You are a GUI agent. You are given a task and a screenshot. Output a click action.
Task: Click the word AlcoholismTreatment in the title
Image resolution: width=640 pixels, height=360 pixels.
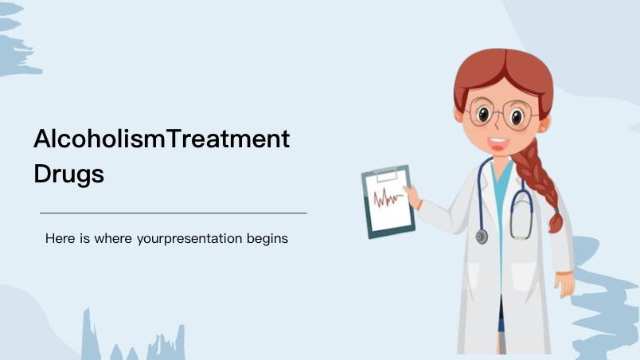point(162,139)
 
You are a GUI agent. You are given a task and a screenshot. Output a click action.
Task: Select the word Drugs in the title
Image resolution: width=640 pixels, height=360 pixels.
point(68,174)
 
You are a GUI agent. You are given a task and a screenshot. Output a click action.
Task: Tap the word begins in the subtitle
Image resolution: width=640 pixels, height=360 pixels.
point(267,239)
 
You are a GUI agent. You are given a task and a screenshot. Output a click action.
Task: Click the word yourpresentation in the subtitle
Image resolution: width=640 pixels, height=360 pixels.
point(189,239)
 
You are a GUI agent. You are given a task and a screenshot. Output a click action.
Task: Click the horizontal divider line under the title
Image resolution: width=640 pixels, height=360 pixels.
point(174,213)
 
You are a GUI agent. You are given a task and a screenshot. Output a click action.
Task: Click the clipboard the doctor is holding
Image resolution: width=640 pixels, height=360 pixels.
point(388,202)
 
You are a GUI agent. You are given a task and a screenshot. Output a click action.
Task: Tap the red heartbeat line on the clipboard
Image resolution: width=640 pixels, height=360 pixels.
point(388,198)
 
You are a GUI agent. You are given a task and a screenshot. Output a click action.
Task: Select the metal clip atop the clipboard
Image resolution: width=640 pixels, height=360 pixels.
point(386,174)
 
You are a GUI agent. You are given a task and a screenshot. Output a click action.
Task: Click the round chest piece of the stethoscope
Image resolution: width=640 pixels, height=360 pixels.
point(482,237)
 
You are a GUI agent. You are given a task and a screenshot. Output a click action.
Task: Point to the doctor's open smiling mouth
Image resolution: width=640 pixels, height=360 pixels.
point(498,144)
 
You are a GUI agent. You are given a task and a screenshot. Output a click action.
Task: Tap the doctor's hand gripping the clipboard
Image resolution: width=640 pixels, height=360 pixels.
point(413,196)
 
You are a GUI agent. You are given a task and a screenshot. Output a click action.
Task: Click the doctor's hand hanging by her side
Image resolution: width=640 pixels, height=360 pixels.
point(565,284)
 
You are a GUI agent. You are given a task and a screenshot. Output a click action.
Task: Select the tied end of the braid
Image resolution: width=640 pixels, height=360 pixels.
point(556,222)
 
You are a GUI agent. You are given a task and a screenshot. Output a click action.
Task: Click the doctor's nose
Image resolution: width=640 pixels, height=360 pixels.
point(497,125)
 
